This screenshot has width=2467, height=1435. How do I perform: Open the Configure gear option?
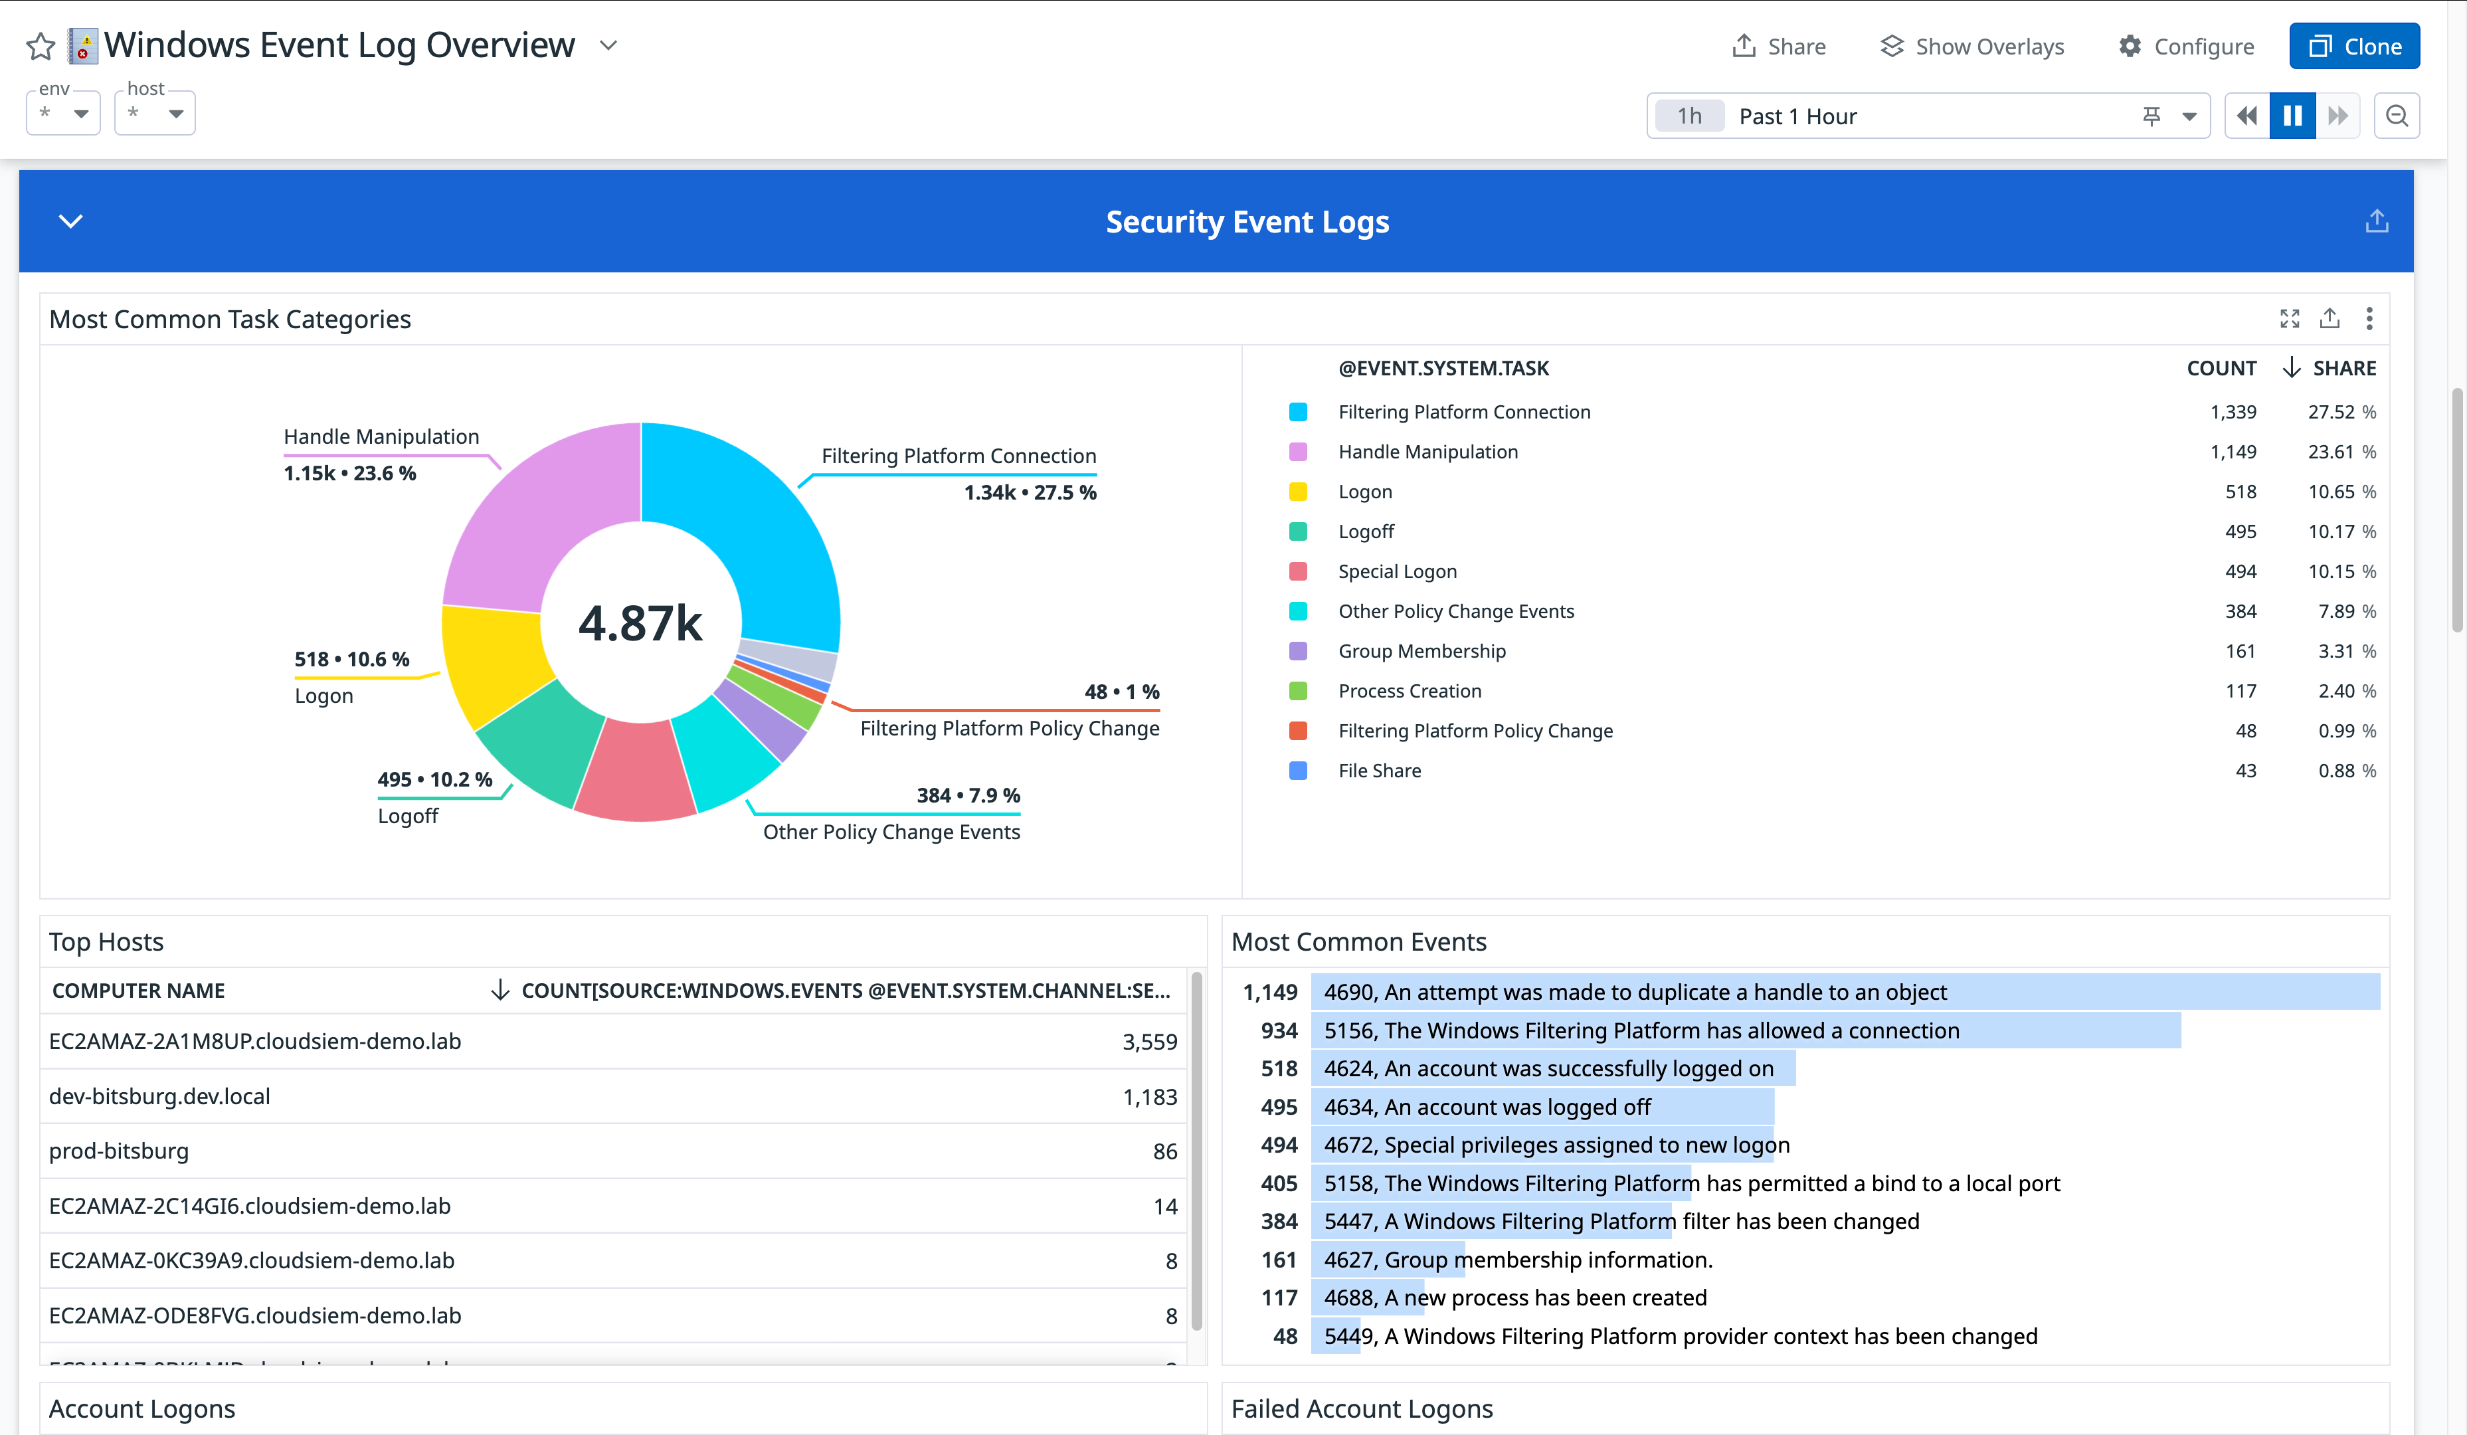click(x=2185, y=46)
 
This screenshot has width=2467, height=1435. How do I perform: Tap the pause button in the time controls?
click(x=2292, y=116)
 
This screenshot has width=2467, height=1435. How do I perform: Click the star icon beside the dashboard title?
click(x=40, y=46)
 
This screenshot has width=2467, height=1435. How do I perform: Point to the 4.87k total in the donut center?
click(x=640, y=622)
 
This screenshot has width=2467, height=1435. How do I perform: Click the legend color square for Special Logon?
click(x=1298, y=571)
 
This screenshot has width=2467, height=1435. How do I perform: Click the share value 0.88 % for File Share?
click(x=2345, y=771)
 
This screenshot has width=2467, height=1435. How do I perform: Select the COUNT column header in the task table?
click(x=2221, y=368)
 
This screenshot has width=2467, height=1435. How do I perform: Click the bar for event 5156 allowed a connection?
click(x=1742, y=1030)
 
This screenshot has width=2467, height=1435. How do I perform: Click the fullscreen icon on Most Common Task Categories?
click(x=2289, y=318)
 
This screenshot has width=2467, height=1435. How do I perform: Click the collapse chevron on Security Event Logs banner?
click(x=70, y=221)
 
